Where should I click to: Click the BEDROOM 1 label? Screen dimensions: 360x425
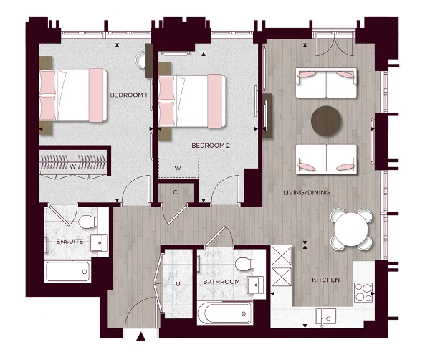coord(129,95)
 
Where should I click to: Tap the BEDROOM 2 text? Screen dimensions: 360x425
coord(211,146)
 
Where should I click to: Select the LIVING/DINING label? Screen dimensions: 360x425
coord(306,193)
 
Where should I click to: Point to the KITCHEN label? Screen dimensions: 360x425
coord(325,279)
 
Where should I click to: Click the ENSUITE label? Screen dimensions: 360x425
coord(69,242)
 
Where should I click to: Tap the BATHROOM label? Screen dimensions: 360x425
coord(221,282)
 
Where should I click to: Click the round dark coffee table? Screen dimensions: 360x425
coord(328,120)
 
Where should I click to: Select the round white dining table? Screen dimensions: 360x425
coord(353,229)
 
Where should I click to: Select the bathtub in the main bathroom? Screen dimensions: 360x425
coord(224,312)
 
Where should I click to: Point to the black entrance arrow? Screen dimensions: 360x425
coord(141,336)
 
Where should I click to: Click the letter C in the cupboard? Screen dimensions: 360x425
coord(176,194)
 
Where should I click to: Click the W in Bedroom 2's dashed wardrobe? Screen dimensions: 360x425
coord(177,170)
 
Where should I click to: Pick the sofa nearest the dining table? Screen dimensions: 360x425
coord(327,158)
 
